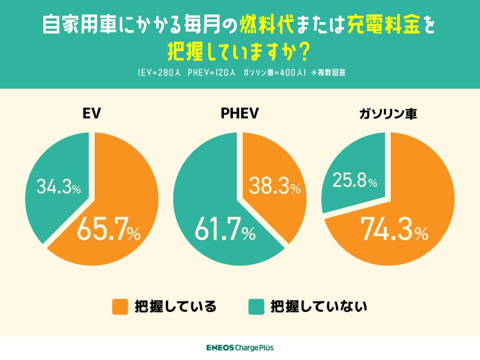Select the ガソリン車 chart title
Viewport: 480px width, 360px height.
pos(388,114)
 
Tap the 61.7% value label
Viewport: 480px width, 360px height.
pos(225,232)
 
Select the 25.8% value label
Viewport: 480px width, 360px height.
pos(354,181)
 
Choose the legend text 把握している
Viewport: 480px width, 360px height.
pos(176,306)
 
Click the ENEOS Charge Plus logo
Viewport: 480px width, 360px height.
pos(239,348)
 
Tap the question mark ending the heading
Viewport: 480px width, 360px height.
pos(307,49)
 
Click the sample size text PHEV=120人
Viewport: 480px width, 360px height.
pos(211,72)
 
